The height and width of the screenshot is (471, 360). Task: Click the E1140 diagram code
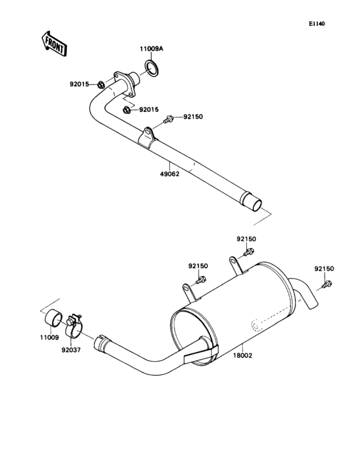coord(316,24)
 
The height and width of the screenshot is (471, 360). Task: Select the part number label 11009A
coord(152,48)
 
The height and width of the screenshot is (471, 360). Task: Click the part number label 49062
coord(169,173)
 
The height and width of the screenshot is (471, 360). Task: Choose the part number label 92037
coord(71,351)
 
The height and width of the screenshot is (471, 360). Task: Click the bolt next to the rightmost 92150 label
coord(327,284)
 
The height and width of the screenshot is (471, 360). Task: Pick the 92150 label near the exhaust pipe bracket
coord(193,117)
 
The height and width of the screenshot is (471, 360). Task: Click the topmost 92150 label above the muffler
coord(246,239)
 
